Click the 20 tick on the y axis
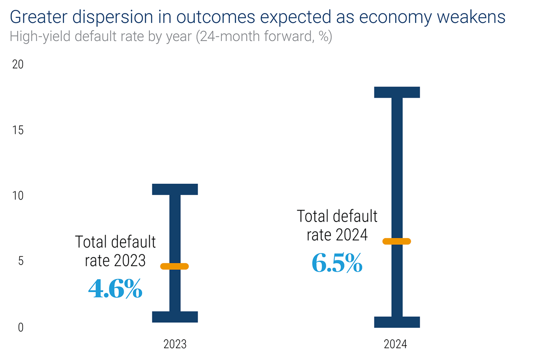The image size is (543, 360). coord(17,65)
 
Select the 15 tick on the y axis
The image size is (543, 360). coord(17,130)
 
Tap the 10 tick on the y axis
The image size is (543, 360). coord(17,196)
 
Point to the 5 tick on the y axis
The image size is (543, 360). coord(20,262)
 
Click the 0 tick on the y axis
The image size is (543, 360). coord(20,328)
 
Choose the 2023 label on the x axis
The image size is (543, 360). coord(175,344)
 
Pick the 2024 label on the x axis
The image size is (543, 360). coord(395,344)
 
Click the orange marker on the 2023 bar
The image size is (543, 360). coord(174,267)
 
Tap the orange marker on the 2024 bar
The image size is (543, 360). coord(397,241)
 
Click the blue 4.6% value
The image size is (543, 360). coord(115,289)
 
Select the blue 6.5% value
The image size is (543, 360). coord(337,263)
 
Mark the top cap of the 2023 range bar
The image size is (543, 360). coord(175,189)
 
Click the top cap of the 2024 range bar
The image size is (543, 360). coord(397,92)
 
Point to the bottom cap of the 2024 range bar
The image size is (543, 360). coord(397,322)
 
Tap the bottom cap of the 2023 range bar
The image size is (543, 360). coord(175,317)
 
